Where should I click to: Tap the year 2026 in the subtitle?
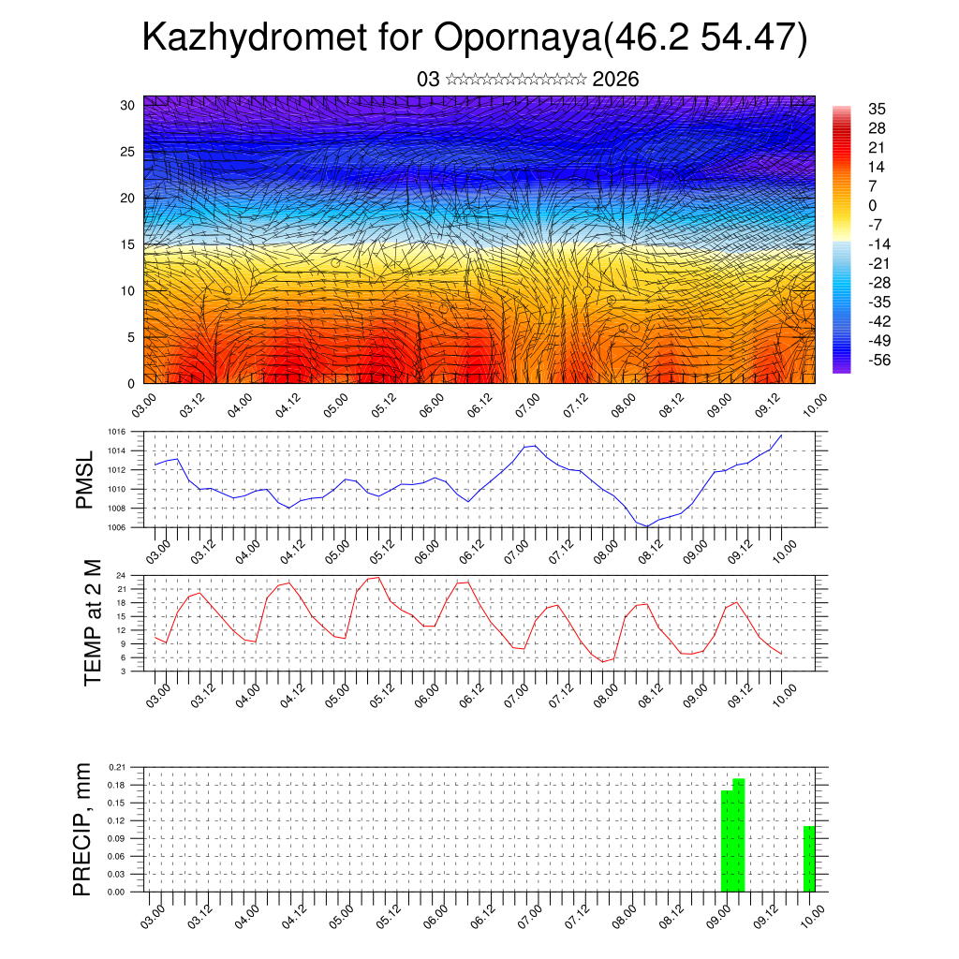(615, 80)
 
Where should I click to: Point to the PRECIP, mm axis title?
(83, 830)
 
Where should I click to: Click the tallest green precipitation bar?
(739, 834)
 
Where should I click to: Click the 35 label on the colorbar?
(878, 109)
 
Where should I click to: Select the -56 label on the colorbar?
(879, 360)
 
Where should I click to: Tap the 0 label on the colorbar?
(873, 205)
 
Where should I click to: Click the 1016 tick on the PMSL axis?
(115, 432)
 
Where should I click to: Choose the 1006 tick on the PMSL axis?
(115, 527)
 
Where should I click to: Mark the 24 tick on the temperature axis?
(121, 574)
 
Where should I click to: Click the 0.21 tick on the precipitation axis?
(117, 767)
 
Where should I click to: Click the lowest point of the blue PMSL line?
(647, 526)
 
